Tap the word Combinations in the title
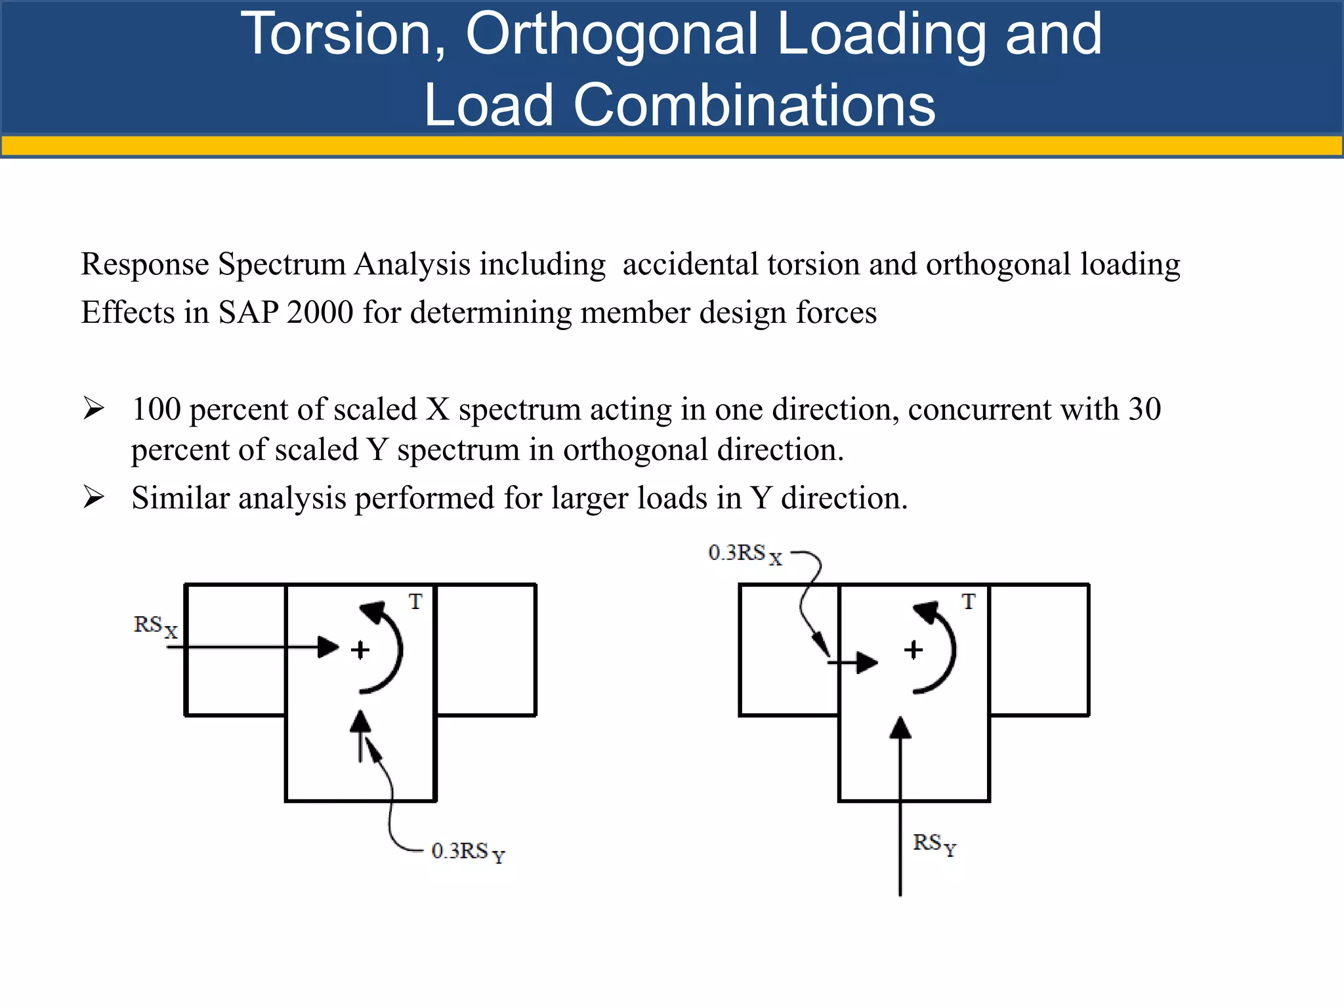(754, 105)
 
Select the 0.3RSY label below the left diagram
(468, 852)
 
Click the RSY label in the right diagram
(934, 843)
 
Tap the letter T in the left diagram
(415, 601)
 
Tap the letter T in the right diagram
(969, 601)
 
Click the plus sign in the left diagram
(360, 650)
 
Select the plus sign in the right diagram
(913, 650)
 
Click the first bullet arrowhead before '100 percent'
(93, 409)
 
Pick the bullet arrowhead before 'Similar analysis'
(93, 497)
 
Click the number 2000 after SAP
(320, 312)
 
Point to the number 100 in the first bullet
(156, 409)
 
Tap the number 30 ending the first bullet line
(1144, 409)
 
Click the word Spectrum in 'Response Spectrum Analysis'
(282, 264)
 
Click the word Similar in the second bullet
(180, 497)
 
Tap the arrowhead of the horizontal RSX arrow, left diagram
(327, 648)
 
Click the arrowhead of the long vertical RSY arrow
(900, 728)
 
